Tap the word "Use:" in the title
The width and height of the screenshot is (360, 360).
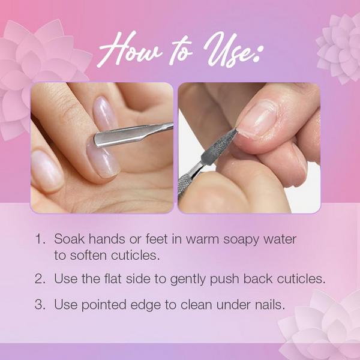(232, 49)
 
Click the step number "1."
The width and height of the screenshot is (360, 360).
(40, 239)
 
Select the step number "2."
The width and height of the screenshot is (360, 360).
(40, 279)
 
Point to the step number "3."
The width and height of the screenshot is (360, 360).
(40, 305)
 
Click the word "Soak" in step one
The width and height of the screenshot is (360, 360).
(70, 239)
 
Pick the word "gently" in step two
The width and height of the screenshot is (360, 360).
(188, 280)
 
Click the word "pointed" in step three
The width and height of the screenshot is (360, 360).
(104, 305)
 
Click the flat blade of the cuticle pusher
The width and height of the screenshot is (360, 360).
(117, 137)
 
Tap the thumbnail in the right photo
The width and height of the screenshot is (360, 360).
(257, 119)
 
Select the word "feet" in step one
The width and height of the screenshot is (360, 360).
(157, 239)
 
